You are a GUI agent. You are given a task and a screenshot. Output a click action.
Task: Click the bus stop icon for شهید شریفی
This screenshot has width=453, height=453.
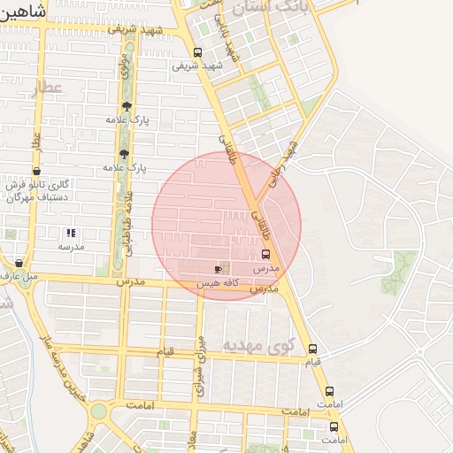196,52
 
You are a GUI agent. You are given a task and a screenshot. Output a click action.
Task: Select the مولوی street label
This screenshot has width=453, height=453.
125,65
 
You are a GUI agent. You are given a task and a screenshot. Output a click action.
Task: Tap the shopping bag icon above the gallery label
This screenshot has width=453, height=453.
36,172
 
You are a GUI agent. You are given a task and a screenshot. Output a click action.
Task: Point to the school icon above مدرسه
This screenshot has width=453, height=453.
71,234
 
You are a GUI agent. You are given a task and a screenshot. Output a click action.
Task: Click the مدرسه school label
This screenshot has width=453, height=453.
71,247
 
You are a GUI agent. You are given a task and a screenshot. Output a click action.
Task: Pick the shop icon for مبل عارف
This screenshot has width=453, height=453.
19,263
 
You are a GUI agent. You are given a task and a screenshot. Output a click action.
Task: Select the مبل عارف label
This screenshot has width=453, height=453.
19,277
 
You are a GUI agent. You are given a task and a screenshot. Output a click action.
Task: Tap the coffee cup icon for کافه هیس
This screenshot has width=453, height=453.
219,267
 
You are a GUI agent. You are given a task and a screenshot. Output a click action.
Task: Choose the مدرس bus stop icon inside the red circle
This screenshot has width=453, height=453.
265,254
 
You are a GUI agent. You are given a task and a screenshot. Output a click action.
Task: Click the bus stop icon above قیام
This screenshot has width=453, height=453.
311,349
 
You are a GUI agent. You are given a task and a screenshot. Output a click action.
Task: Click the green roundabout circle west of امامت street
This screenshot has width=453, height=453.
97,412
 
